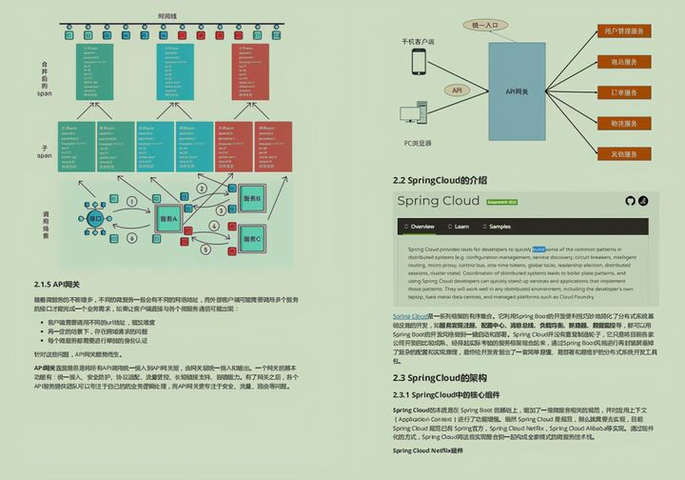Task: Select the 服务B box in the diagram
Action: pyautogui.click(x=251, y=198)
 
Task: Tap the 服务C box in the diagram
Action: pyautogui.click(x=251, y=238)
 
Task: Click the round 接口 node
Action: pyautogui.click(x=94, y=218)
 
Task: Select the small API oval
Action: pyautogui.click(x=457, y=90)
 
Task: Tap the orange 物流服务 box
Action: pyautogui.click(x=623, y=123)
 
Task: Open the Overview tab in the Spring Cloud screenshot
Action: pyautogui.click(x=421, y=227)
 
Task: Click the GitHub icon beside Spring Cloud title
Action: pyautogui.click(x=630, y=201)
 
